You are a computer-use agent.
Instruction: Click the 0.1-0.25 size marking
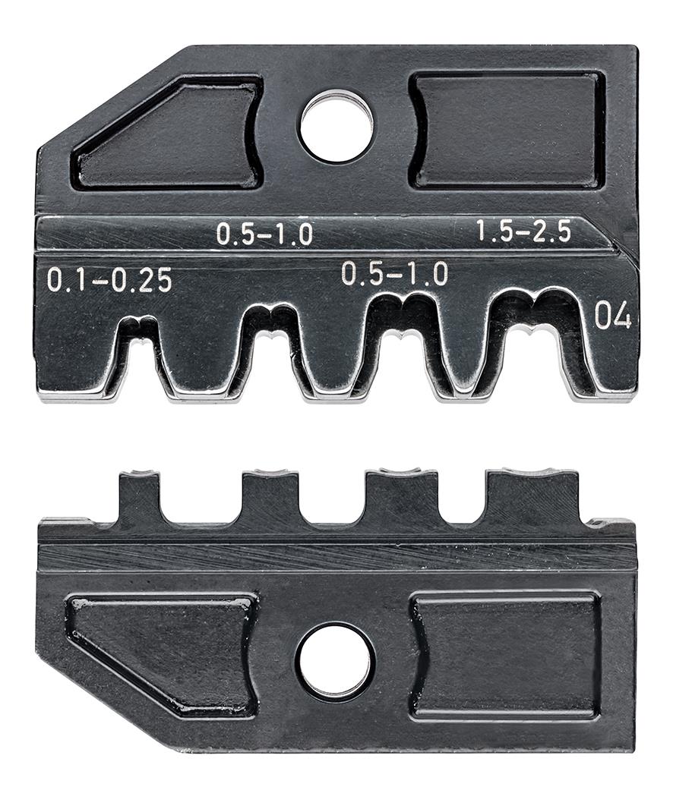click(x=109, y=281)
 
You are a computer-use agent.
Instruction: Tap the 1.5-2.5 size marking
click(x=523, y=231)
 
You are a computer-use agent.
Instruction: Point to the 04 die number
click(x=612, y=316)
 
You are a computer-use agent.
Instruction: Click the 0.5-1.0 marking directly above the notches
click(x=394, y=273)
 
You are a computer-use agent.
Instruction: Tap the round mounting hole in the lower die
click(x=335, y=661)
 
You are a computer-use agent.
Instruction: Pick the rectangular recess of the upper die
click(x=507, y=131)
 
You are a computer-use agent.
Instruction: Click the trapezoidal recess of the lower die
click(x=167, y=653)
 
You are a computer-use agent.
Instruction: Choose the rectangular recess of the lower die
click(x=506, y=654)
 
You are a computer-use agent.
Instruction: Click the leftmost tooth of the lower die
click(x=139, y=497)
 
